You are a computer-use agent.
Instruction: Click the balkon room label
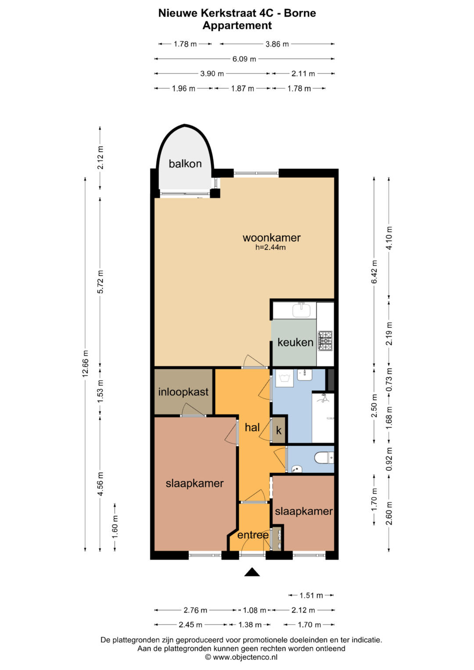pos(185,164)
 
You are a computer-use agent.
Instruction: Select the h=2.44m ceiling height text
pos(270,247)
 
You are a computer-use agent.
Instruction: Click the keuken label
pos(295,342)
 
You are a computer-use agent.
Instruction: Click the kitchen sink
pos(302,310)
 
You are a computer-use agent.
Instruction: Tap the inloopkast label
pos(183,392)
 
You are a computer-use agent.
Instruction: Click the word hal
pos(252,427)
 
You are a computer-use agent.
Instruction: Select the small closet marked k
pos(279,430)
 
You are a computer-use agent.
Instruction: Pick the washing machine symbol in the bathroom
pos(284,378)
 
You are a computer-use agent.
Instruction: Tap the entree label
pos(253,535)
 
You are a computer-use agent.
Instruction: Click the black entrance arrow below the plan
pos(252,572)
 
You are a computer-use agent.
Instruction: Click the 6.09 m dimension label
pos(244,59)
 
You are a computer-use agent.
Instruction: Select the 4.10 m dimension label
pos(389,238)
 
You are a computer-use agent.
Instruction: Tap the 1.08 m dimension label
pos(255,610)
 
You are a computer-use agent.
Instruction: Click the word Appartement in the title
pos(237,26)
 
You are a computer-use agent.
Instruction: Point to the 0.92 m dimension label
pos(389,459)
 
